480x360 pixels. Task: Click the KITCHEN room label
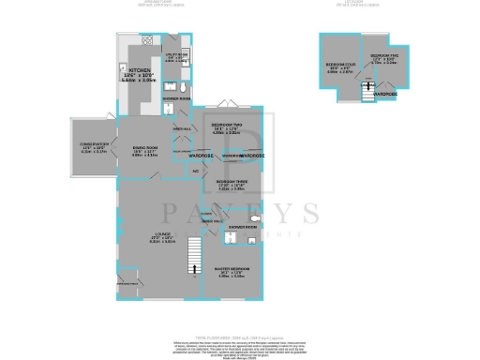pos(140,70)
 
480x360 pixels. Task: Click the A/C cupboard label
pos(195,171)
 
